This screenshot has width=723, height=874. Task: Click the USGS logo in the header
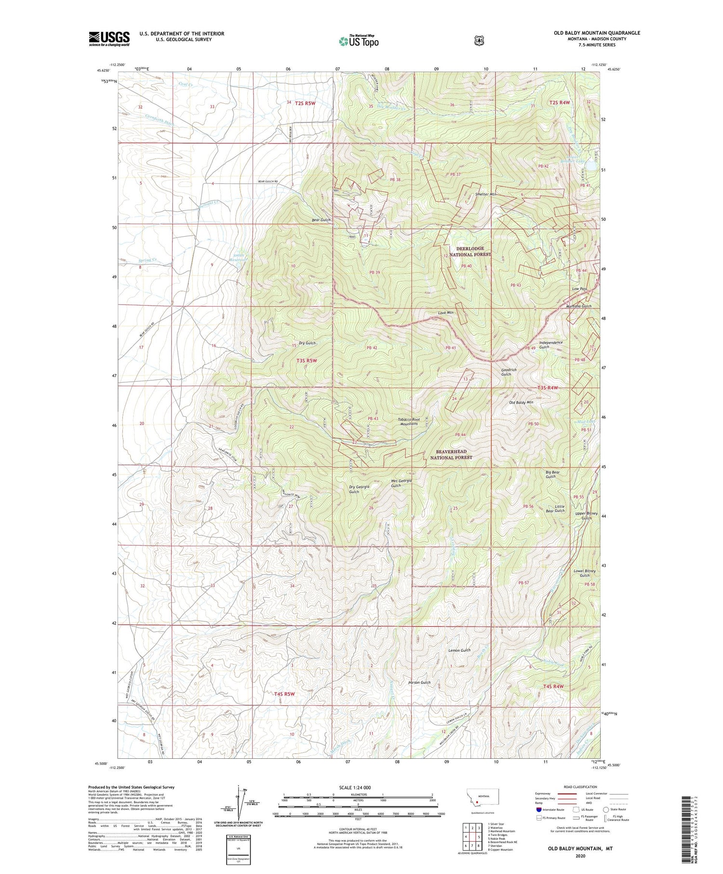[109, 39]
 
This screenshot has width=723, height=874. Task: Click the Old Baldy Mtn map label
[521, 402]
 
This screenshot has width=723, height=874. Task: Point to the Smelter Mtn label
[485, 194]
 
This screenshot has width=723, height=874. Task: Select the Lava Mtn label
[445, 313]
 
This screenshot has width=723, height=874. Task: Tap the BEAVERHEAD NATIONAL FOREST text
[451, 455]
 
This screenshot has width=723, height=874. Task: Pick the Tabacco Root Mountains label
[409, 422]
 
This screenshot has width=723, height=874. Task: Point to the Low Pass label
[579, 289]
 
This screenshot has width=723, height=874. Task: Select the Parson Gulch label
[419, 683]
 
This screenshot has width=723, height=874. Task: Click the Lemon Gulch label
[459, 650]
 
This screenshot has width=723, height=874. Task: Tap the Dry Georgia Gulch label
[359, 489]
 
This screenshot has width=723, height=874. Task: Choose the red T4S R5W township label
[284, 694]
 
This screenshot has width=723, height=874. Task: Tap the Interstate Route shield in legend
[538, 809]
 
